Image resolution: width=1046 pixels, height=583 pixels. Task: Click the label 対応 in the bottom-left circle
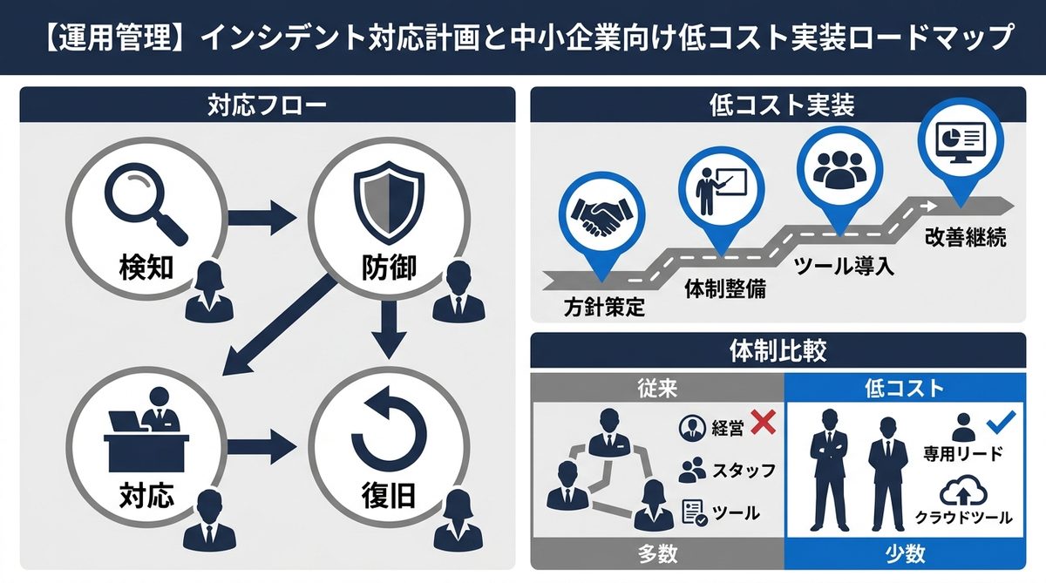(x=146, y=496)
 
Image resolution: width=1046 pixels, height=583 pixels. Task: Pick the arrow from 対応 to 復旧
(x=261, y=445)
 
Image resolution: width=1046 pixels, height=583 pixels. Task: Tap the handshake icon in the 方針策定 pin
(x=603, y=215)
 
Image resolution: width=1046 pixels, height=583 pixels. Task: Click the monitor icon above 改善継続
(x=958, y=140)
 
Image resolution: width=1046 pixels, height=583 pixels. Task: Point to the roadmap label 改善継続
(x=966, y=237)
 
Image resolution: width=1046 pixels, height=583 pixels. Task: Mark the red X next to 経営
(x=763, y=424)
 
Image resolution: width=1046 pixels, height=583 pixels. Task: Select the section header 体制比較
(x=778, y=350)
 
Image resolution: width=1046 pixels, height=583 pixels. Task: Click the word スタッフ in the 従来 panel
(x=744, y=471)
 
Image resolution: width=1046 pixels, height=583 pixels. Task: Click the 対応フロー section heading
(x=267, y=106)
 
